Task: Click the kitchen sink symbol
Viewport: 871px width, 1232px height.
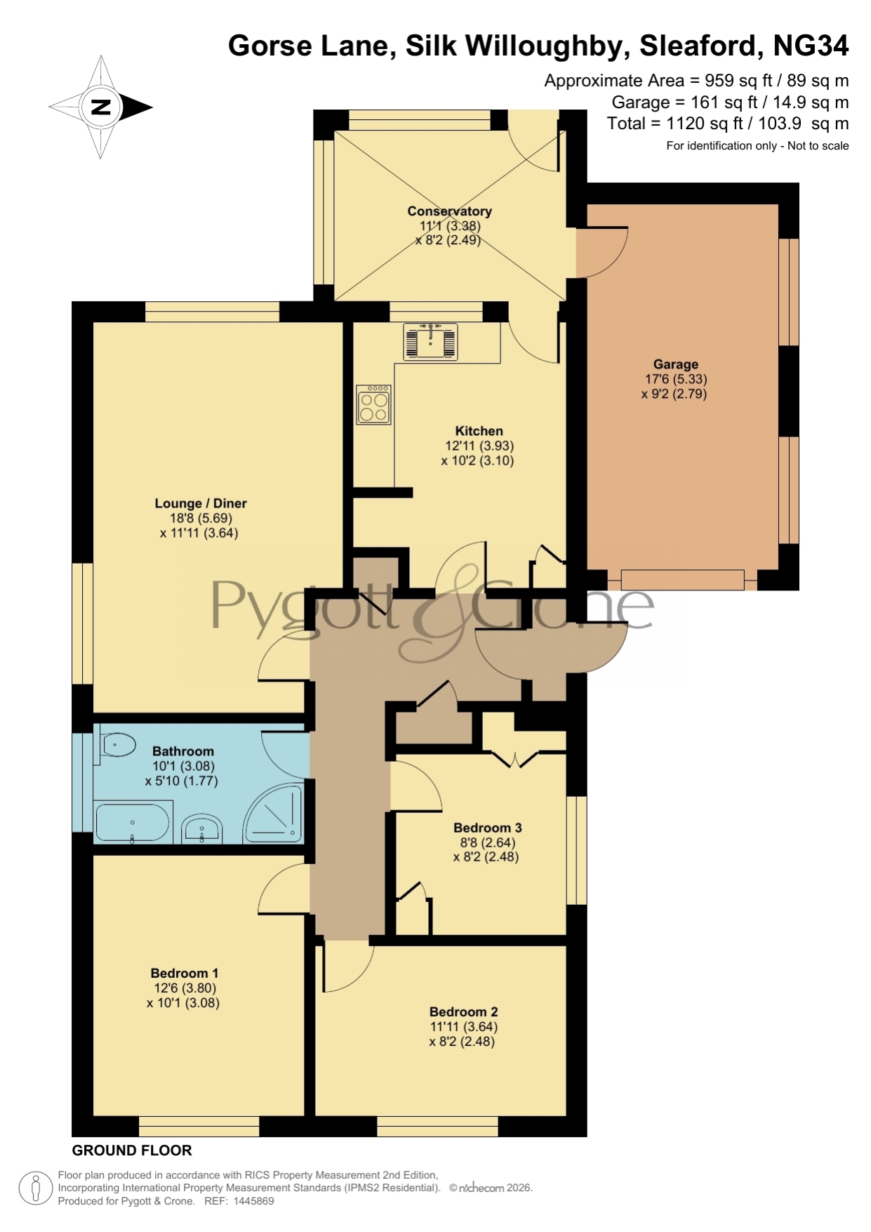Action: pyautogui.click(x=430, y=341)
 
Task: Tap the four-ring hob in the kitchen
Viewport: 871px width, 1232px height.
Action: pyautogui.click(x=373, y=404)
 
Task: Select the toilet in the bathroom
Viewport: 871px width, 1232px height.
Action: pyautogui.click(x=117, y=745)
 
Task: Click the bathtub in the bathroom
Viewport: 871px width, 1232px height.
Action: pyautogui.click(x=133, y=823)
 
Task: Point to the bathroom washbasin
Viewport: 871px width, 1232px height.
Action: pyautogui.click(x=202, y=829)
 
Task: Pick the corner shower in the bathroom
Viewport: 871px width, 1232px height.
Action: pyautogui.click(x=273, y=813)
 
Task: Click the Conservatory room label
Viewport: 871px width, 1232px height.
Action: pyautogui.click(x=449, y=211)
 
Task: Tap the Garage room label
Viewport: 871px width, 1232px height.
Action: pyautogui.click(x=675, y=364)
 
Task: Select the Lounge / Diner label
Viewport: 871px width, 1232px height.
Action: pyautogui.click(x=201, y=503)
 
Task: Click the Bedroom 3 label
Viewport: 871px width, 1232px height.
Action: pyautogui.click(x=487, y=828)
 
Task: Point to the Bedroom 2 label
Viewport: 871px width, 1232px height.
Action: pyautogui.click(x=463, y=1012)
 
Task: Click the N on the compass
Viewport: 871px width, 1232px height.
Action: pyautogui.click(x=101, y=107)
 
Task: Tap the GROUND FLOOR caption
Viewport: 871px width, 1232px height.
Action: pyautogui.click(x=132, y=1151)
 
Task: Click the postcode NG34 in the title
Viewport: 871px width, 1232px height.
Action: pyautogui.click(x=811, y=46)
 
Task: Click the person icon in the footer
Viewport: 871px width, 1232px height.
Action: pyautogui.click(x=35, y=1188)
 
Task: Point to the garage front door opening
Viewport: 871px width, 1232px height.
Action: pyautogui.click(x=682, y=580)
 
